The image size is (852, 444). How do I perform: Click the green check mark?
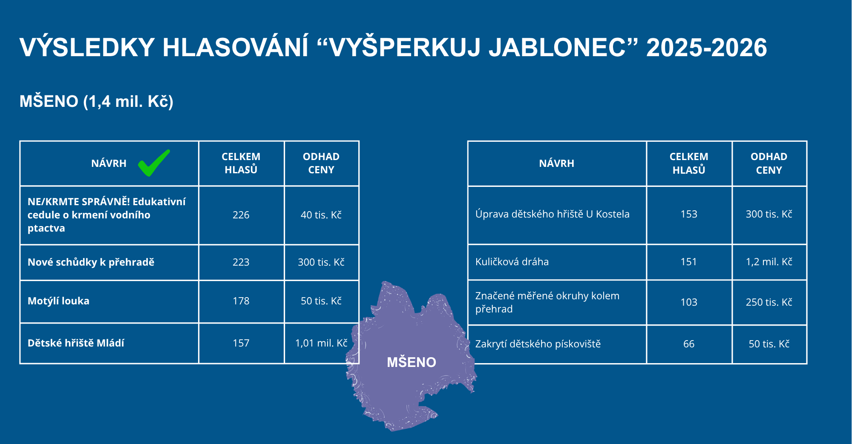154,163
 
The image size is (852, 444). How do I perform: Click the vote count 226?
241,215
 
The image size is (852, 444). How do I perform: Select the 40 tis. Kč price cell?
321,215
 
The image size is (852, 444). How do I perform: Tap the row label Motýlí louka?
58,301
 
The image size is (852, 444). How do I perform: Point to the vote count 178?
241,301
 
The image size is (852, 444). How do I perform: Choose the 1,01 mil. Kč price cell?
321,343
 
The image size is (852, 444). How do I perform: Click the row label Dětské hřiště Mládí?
76,343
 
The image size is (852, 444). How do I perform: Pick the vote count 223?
241,262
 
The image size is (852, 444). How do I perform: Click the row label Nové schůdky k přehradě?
91,262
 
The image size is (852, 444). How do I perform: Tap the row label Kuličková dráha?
512,262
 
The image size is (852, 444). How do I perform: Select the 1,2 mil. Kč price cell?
769,262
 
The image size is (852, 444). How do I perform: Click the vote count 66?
689,344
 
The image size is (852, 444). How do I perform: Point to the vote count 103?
689,302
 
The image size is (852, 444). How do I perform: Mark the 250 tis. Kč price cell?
769,302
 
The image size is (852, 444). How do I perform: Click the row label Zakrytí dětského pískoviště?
538,344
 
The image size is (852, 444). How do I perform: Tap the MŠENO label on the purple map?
412,362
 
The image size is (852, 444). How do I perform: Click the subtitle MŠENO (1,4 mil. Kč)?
96,102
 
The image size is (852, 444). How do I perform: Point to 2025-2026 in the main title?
707,47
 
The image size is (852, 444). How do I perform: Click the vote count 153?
689,214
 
